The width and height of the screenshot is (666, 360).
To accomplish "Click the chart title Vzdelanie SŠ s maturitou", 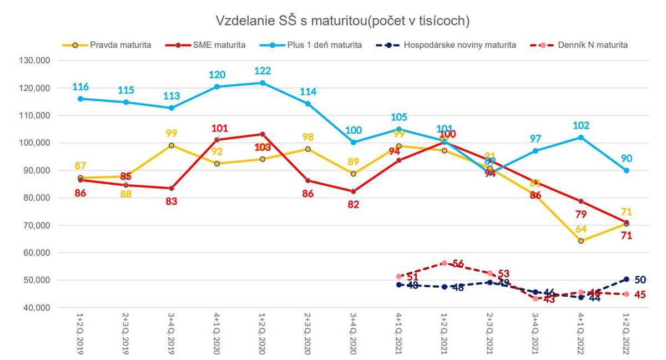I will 342,21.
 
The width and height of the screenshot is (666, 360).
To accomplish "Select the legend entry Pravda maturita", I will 120,45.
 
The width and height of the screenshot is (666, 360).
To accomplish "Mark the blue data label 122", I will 263,72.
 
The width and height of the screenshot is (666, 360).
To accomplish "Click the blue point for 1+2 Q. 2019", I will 80,99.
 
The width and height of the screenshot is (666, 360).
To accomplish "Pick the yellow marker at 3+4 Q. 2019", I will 171,145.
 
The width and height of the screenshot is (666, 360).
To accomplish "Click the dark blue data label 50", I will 640,279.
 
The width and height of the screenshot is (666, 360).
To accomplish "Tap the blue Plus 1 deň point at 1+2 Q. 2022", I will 627,171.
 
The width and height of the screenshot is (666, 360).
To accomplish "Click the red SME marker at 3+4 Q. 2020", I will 354,191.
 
